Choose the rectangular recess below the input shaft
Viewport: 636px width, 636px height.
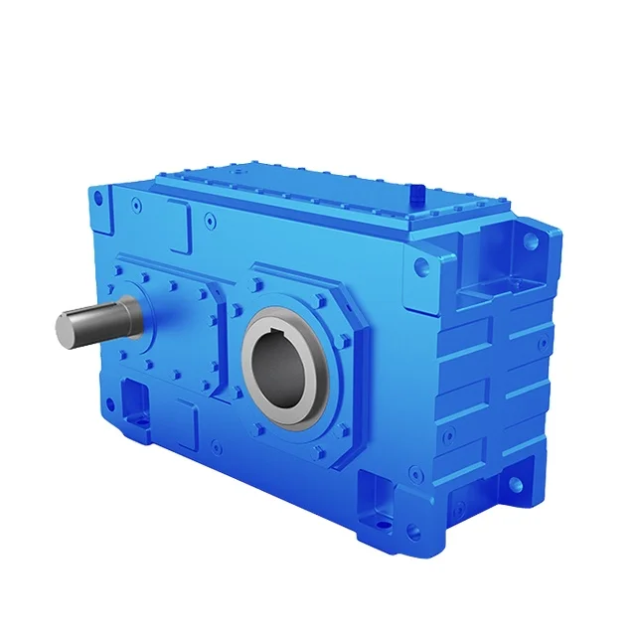133,403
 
